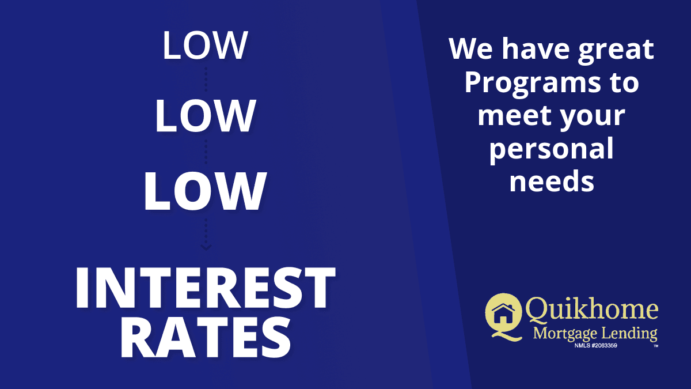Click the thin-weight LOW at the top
click(x=205, y=46)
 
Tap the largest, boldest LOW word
click(x=205, y=191)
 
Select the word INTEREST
click(x=205, y=288)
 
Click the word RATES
click(x=206, y=338)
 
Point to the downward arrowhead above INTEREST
click(x=206, y=247)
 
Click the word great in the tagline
click(x=616, y=51)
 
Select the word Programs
click(x=533, y=84)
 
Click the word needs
click(x=552, y=181)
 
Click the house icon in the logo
click(x=503, y=315)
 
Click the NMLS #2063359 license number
click(x=595, y=345)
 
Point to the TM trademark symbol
click(x=655, y=346)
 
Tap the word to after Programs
click(x=624, y=84)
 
